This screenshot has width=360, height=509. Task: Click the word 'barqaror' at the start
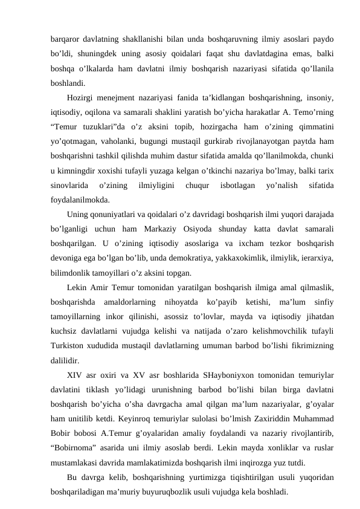tap(65, 28)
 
